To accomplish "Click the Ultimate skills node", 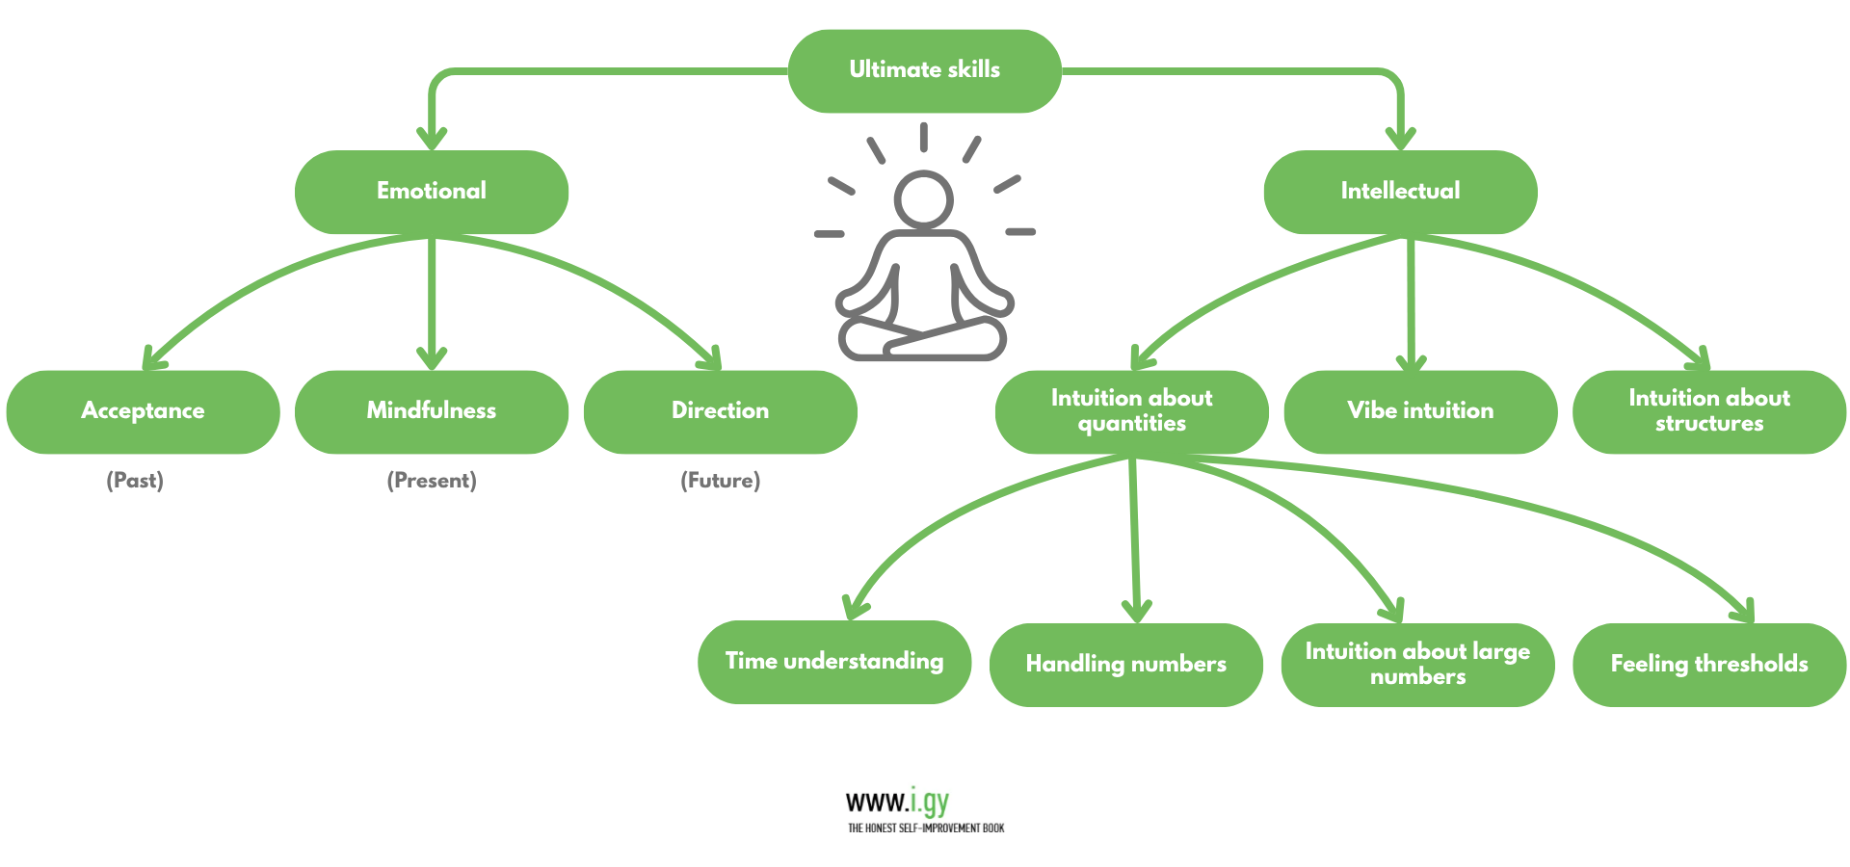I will point(924,70).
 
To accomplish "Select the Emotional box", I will point(431,191).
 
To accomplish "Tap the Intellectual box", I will point(1400,191).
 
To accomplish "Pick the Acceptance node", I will point(143,411).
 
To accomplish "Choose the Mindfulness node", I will point(431,411).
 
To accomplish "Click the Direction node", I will point(720,411).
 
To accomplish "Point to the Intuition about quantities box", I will point(1131,411).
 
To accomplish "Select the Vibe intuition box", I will point(1420,411).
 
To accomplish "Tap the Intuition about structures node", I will point(1708,411).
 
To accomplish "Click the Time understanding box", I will point(833,662).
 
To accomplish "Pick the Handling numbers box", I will point(1125,665).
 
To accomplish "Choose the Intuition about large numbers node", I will point(1417,665).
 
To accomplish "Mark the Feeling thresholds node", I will point(1708,665).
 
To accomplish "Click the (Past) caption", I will point(135,481).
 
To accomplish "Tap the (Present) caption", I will point(432,481).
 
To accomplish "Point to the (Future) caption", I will point(721,481).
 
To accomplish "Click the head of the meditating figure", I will point(923,199).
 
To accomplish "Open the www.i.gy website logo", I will point(897,801).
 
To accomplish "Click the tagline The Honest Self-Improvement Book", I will point(926,828).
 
